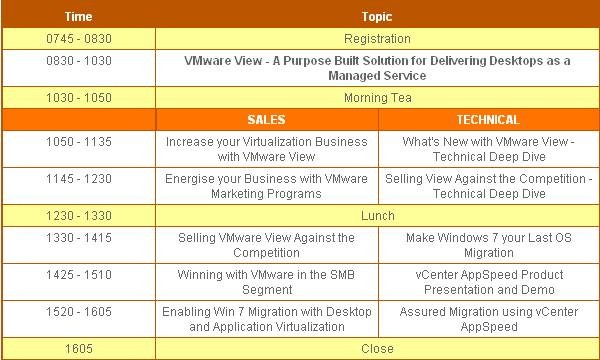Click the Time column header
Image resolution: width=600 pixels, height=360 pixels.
coord(78,16)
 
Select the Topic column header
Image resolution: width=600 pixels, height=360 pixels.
coord(377,16)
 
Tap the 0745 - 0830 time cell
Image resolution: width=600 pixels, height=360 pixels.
coord(78,39)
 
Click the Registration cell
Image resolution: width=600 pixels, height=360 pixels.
coord(377,39)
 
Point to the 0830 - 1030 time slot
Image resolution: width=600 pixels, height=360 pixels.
coord(78,61)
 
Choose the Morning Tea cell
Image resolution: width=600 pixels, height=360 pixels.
coord(377,98)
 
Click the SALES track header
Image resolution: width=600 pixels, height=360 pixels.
coord(267,120)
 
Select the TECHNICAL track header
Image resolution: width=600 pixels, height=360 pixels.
coord(488,120)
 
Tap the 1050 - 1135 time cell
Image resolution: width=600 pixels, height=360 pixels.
coord(78,142)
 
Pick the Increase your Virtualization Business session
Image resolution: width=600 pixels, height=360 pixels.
coord(267,149)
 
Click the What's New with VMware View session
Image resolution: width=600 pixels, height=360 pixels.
coord(488,149)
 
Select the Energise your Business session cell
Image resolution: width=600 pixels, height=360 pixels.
coord(267,186)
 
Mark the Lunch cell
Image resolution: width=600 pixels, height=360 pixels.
coord(377,215)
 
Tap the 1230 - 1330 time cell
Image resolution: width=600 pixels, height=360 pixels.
coord(78,215)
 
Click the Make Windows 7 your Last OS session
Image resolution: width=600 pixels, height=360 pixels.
coord(488,245)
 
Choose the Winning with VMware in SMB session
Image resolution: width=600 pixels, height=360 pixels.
coord(267,282)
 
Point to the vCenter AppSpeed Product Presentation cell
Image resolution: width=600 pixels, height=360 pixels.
coord(488,282)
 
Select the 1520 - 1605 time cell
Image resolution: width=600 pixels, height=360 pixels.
coord(78,312)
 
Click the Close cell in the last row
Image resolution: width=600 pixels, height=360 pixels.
coord(377,349)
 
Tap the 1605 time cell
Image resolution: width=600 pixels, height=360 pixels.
coord(78,349)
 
